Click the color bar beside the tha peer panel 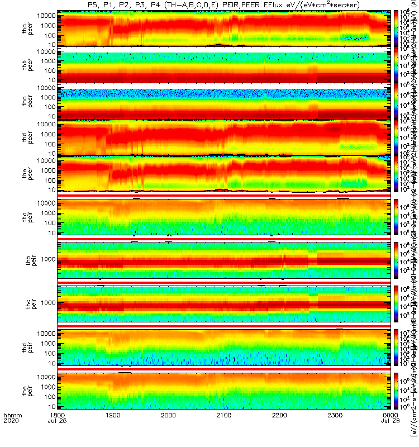pos(397,28)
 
